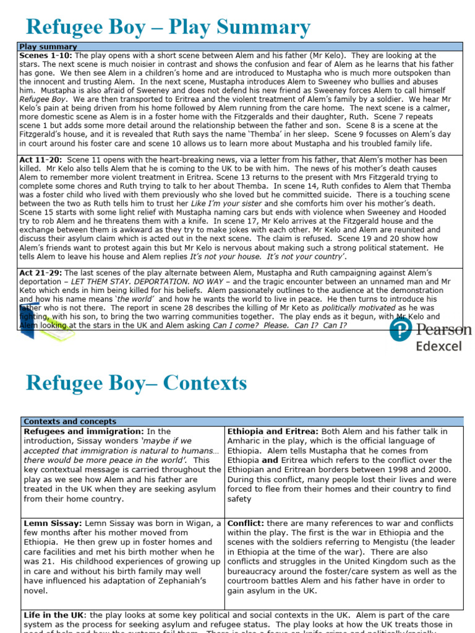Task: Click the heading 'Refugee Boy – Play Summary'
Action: [x=168, y=27]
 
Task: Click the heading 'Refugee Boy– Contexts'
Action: [x=136, y=383]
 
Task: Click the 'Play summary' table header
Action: [x=48, y=46]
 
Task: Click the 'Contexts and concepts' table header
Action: [x=69, y=422]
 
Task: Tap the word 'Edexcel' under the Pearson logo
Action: [x=439, y=346]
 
